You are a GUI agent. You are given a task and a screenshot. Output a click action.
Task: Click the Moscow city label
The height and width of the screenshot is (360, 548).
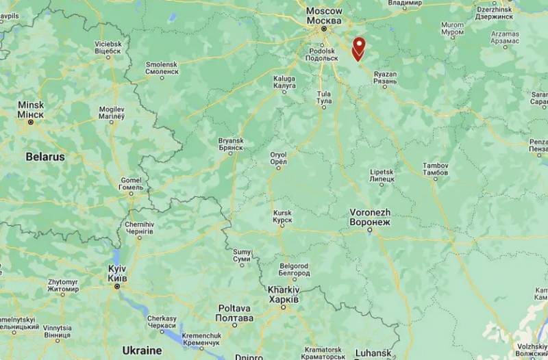pyautogui.click(x=324, y=15)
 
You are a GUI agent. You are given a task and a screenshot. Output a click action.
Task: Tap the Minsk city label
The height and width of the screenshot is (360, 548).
pyautogui.click(x=32, y=109)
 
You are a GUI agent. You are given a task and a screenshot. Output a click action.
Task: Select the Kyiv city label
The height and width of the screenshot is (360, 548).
pyautogui.click(x=116, y=274)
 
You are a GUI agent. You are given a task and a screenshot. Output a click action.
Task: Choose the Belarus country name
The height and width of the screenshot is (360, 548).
pyautogui.click(x=45, y=157)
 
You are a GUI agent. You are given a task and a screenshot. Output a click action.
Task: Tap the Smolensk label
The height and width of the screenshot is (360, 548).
pyautogui.click(x=161, y=67)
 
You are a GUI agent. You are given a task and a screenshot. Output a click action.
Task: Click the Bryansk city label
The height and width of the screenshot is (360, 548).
pyautogui.click(x=231, y=144)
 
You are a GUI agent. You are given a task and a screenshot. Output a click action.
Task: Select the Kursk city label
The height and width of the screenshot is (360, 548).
pyautogui.click(x=282, y=216)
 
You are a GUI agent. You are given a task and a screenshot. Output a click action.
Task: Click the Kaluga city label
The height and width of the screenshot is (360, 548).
pyautogui.click(x=284, y=81)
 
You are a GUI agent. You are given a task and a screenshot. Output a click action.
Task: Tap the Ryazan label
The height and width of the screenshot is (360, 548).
pyautogui.click(x=385, y=77)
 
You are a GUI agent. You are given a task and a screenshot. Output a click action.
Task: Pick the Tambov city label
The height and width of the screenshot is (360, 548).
pyautogui.click(x=435, y=169)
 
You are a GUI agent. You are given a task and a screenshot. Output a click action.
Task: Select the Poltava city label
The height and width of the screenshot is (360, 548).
pyautogui.click(x=234, y=313)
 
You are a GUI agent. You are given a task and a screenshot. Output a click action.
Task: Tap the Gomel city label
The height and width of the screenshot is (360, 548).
pyautogui.click(x=130, y=183)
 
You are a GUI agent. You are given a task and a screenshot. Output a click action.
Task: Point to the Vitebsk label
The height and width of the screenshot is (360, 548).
pyautogui.click(x=108, y=47)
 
